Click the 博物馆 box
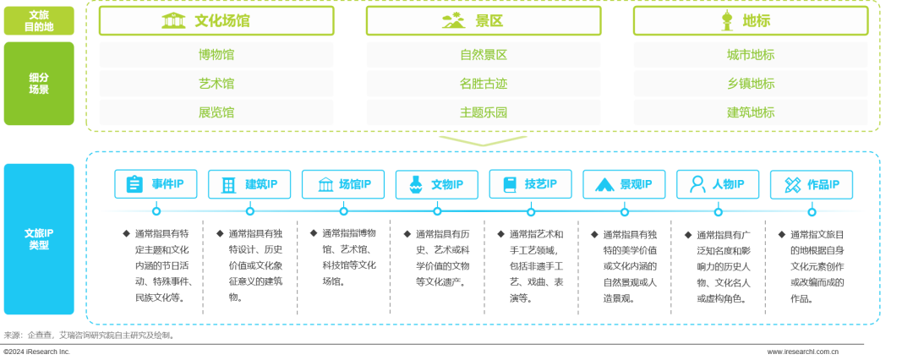tap(216, 55)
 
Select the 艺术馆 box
tap(216, 84)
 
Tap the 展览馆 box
tap(216, 112)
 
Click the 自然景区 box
tap(484, 55)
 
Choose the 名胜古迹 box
tap(484, 84)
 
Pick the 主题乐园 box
tap(484, 112)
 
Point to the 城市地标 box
tap(751, 55)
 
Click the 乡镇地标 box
tap(751, 84)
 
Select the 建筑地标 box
tap(751, 112)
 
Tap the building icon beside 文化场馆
tap(174, 20)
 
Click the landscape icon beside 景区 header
tap(453, 20)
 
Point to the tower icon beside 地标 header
tap(724, 20)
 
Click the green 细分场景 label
tap(39, 84)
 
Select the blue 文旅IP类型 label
tap(39, 239)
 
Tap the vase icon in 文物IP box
tap(415, 184)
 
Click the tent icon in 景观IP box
tap(604, 184)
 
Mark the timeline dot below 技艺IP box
tap(531, 211)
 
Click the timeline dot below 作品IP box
tap(812, 211)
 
